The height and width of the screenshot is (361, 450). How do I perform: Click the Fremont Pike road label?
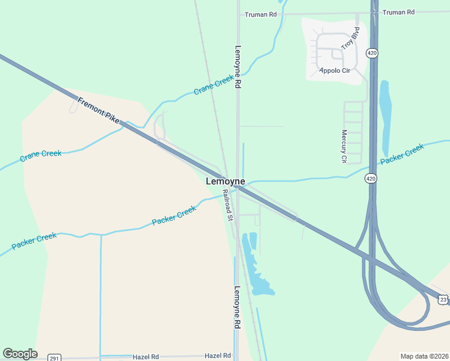tap(98, 110)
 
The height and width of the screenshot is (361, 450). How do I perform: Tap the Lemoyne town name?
tap(225, 181)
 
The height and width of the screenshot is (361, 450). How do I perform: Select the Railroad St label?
tap(227, 204)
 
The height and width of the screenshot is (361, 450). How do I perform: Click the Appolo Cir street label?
tap(334, 70)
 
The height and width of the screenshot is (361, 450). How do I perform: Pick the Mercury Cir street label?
tap(344, 147)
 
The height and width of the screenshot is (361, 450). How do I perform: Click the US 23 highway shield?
tap(443, 299)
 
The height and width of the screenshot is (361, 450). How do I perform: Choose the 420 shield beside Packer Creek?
tap(371, 178)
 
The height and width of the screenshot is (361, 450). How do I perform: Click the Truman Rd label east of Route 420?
tap(399, 12)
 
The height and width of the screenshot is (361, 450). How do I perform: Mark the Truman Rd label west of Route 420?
tap(260, 14)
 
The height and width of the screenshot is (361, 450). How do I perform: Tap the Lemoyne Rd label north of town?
tap(238, 67)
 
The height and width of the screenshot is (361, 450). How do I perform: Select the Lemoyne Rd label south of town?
tap(237, 306)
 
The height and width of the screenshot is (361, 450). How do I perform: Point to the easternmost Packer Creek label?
tap(402, 154)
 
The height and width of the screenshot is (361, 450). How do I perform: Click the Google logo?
tap(20, 354)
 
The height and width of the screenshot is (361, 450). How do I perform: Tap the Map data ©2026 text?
tap(424, 356)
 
